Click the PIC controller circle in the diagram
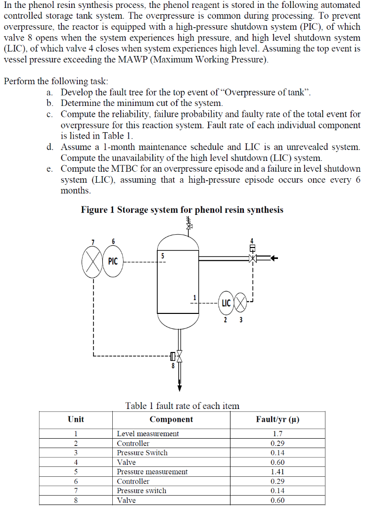(113, 260)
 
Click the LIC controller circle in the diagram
(226, 302)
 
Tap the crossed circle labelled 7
(92, 260)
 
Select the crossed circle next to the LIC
(241, 302)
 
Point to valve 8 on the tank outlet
(179, 356)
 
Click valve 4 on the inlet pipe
(253, 258)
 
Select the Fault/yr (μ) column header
(277, 419)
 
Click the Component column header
(171, 419)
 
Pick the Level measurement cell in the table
(148, 434)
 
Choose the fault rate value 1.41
(277, 472)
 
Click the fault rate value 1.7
(277, 434)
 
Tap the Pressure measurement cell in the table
(152, 472)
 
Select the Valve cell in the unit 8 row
(126, 500)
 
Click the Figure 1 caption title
(182, 209)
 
